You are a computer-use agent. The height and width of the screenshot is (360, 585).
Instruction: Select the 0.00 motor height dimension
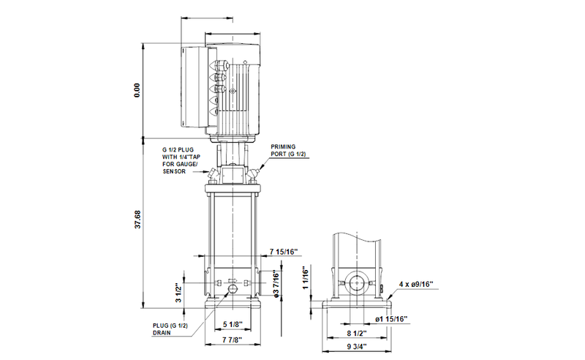pyautogui.click(x=136, y=90)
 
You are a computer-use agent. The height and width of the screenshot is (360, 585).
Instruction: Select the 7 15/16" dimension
pyautogui.click(x=284, y=252)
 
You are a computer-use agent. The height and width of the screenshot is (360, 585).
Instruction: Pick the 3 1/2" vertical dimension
pyautogui.click(x=176, y=293)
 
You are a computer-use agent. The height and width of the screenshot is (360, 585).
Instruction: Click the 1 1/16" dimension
pyautogui.click(x=306, y=279)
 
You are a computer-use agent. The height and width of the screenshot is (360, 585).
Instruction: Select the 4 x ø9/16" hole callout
pyautogui.click(x=418, y=283)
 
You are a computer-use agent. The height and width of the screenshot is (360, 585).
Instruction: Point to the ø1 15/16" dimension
pyautogui.click(x=391, y=319)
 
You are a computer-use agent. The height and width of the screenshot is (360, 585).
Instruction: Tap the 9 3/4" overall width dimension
pyautogui.click(x=357, y=347)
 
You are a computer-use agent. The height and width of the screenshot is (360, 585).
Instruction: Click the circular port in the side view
pyautogui.click(x=358, y=285)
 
